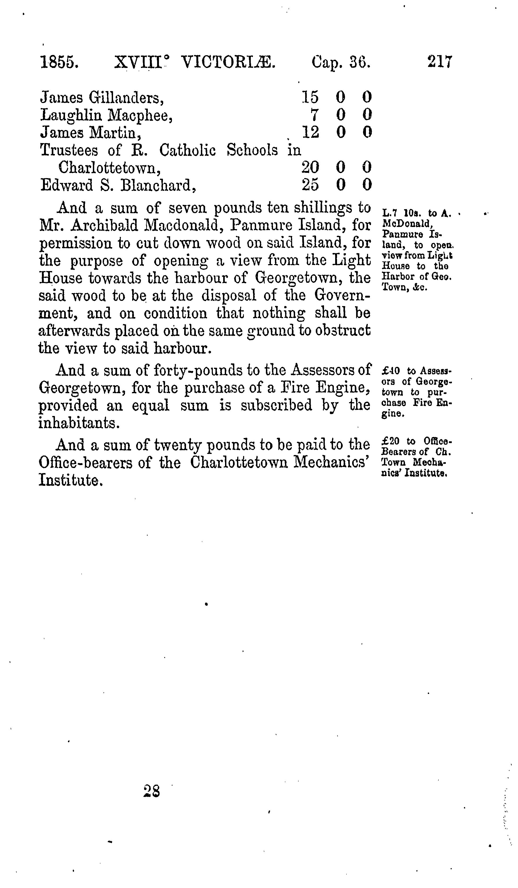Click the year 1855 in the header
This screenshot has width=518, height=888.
(59, 63)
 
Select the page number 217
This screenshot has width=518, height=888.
(439, 62)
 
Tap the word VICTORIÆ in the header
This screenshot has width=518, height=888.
(228, 63)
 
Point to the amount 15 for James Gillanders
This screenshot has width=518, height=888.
(310, 97)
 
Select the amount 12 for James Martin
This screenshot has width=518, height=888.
(310, 132)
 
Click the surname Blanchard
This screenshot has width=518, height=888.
(158, 185)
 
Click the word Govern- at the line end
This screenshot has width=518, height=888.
(342, 295)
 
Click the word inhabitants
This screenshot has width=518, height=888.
(79, 423)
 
